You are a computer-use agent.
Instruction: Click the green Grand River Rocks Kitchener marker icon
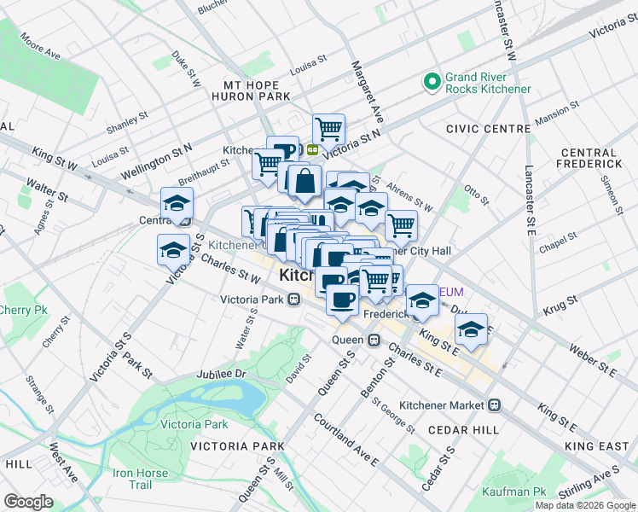click(432, 82)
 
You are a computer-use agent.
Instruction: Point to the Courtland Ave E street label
click(345, 439)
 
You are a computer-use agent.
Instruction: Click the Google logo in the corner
click(28, 502)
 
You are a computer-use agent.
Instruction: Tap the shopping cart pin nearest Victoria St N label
click(328, 129)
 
